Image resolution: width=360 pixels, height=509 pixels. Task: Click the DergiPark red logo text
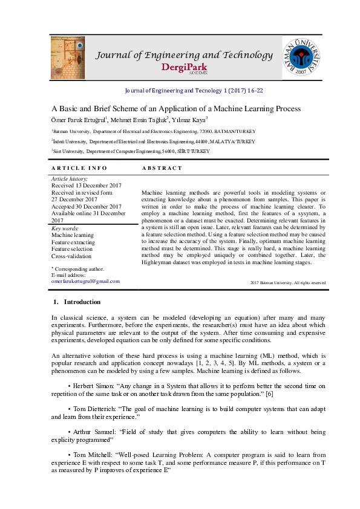(x=185, y=67)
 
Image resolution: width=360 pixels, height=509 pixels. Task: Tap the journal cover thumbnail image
(x=68, y=56)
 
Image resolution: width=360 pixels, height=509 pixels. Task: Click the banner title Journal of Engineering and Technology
(x=185, y=56)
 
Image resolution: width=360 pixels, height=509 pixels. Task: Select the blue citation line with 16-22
(x=193, y=90)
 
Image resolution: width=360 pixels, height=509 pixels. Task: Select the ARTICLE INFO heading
(x=79, y=167)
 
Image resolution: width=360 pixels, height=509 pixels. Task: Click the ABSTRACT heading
(x=162, y=167)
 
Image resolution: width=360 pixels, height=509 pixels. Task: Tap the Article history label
(x=70, y=180)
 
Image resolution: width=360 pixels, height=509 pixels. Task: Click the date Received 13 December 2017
(x=87, y=186)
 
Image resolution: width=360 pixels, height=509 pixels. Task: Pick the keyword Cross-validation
(x=71, y=256)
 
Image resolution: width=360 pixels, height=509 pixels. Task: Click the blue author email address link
(x=85, y=281)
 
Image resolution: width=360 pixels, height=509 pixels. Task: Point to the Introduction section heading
(x=82, y=302)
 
